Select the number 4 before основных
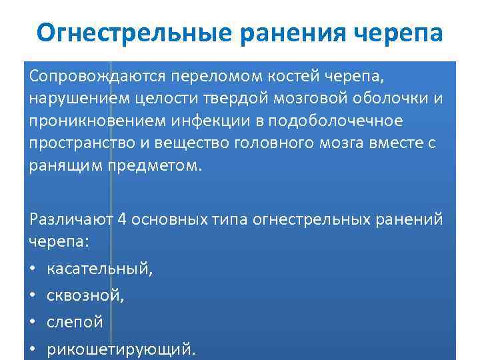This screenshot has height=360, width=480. pos(121,219)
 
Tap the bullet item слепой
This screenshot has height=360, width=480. pos(75,321)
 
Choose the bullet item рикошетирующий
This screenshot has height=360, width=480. pos(122,348)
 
